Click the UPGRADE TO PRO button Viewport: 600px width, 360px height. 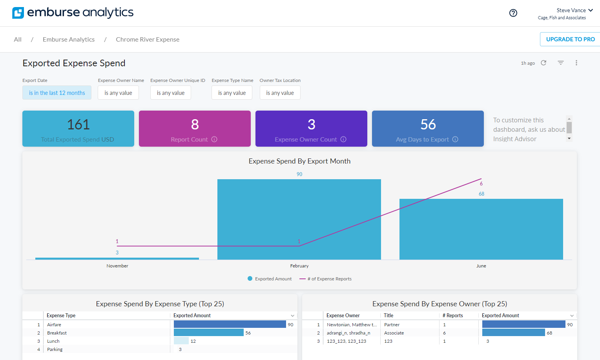tap(570, 39)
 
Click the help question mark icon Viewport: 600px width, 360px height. tap(513, 13)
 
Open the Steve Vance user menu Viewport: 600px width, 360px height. tap(574, 11)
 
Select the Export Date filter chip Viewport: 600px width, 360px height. tap(57, 93)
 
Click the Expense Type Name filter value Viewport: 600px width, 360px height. tap(232, 93)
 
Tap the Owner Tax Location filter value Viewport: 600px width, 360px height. tap(280, 93)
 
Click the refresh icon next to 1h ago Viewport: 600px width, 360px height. tap(543, 63)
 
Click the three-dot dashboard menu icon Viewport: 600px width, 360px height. tap(576, 63)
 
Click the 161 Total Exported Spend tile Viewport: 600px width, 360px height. tap(78, 129)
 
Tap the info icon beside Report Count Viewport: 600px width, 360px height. tap(214, 139)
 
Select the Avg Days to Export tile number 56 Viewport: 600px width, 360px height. tap(428, 125)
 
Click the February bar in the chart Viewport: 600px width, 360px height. tap(299, 219)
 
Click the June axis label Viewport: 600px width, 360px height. tap(481, 266)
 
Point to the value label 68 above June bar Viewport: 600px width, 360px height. tap(481, 194)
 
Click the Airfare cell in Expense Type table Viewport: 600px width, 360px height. tap(54, 325)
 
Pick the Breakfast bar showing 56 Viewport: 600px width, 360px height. tap(208, 333)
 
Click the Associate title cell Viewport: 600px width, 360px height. tap(394, 333)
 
